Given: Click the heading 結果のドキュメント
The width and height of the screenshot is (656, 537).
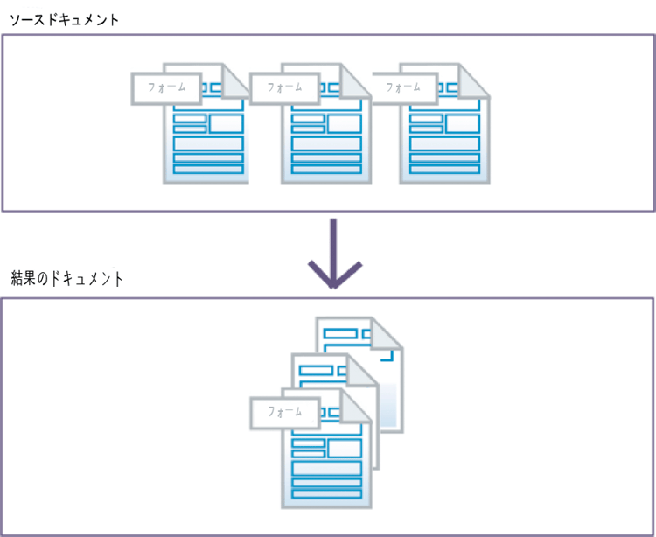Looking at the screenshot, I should point(66,280).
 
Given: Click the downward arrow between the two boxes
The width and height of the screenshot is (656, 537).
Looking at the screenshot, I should point(332,254).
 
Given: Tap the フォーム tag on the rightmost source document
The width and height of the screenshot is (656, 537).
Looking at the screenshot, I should point(403,87).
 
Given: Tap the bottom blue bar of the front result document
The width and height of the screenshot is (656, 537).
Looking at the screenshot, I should point(326,494).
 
